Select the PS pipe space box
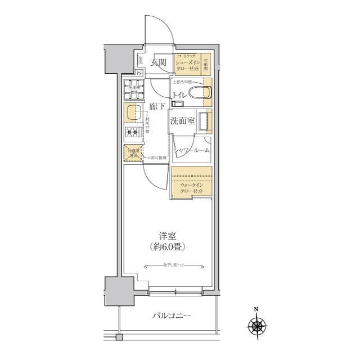click(x=139, y=73)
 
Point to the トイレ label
click(x=180, y=95)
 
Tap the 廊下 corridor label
click(x=157, y=106)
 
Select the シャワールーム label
click(x=192, y=150)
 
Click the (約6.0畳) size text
click(x=168, y=246)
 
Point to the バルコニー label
click(x=172, y=316)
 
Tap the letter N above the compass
click(x=256, y=309)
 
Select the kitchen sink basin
click(x=132, y=112)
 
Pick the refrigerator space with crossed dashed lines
click(x=132, y=152)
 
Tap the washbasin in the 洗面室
click(x=205, y=120)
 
